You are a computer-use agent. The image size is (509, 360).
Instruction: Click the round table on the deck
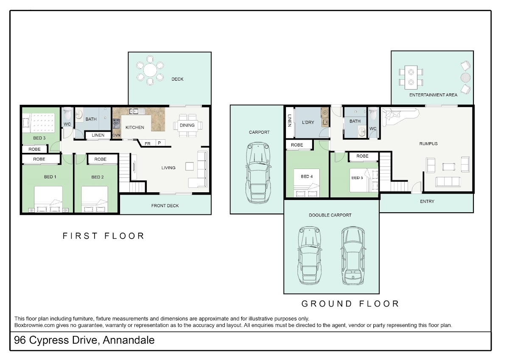(150, 70)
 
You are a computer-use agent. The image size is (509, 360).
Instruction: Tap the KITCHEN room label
(135, 127)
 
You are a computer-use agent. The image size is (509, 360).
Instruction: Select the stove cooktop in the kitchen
(116, 124)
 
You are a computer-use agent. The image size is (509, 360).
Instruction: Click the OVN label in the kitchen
(116, 135)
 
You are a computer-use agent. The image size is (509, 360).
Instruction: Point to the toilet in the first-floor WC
(67, 114)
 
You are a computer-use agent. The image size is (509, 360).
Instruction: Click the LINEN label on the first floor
(98, 135)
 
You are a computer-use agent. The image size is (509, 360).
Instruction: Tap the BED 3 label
(39, 138)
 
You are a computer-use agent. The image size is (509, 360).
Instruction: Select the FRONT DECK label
(165, 205)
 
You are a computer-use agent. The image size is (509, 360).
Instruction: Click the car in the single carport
(258, 173)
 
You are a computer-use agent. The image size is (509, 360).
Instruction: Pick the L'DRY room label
(308, 122)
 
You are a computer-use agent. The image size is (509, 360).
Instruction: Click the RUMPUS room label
(428, 144)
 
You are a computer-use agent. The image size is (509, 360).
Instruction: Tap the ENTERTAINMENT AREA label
(433, 95)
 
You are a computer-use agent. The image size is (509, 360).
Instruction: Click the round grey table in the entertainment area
(465, 78)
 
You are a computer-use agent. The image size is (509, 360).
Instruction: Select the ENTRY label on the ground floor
(427, 202)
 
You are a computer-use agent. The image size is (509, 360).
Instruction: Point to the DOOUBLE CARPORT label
(330, 215)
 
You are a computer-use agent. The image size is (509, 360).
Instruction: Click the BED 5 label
(357, 178)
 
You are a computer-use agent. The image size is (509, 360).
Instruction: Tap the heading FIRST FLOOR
(103, 236)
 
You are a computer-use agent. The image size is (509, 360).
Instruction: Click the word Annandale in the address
(129, 340)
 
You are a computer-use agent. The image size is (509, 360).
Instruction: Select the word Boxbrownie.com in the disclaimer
(34, 325)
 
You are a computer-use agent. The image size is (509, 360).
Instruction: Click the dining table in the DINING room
(187, 126)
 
